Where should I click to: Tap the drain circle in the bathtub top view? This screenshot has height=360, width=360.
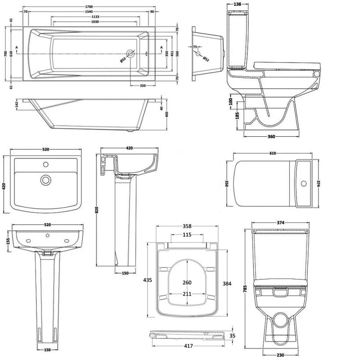coord(130,54)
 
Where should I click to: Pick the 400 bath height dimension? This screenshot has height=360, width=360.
coord(167,114)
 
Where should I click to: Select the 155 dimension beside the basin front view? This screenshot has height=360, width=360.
coord(8,241)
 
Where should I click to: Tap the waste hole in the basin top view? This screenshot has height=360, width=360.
coord(45,180)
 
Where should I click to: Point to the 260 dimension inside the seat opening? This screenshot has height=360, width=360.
coord(187,283)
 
